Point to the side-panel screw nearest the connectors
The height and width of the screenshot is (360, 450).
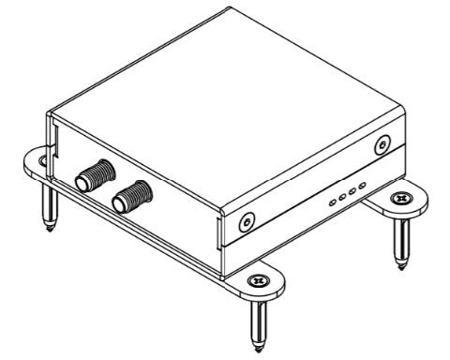point(246,223)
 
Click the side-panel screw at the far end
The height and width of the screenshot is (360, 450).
point(382,145)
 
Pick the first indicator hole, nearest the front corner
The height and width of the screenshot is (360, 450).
point(333,201)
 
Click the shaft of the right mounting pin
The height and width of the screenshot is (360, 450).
point(403,239)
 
